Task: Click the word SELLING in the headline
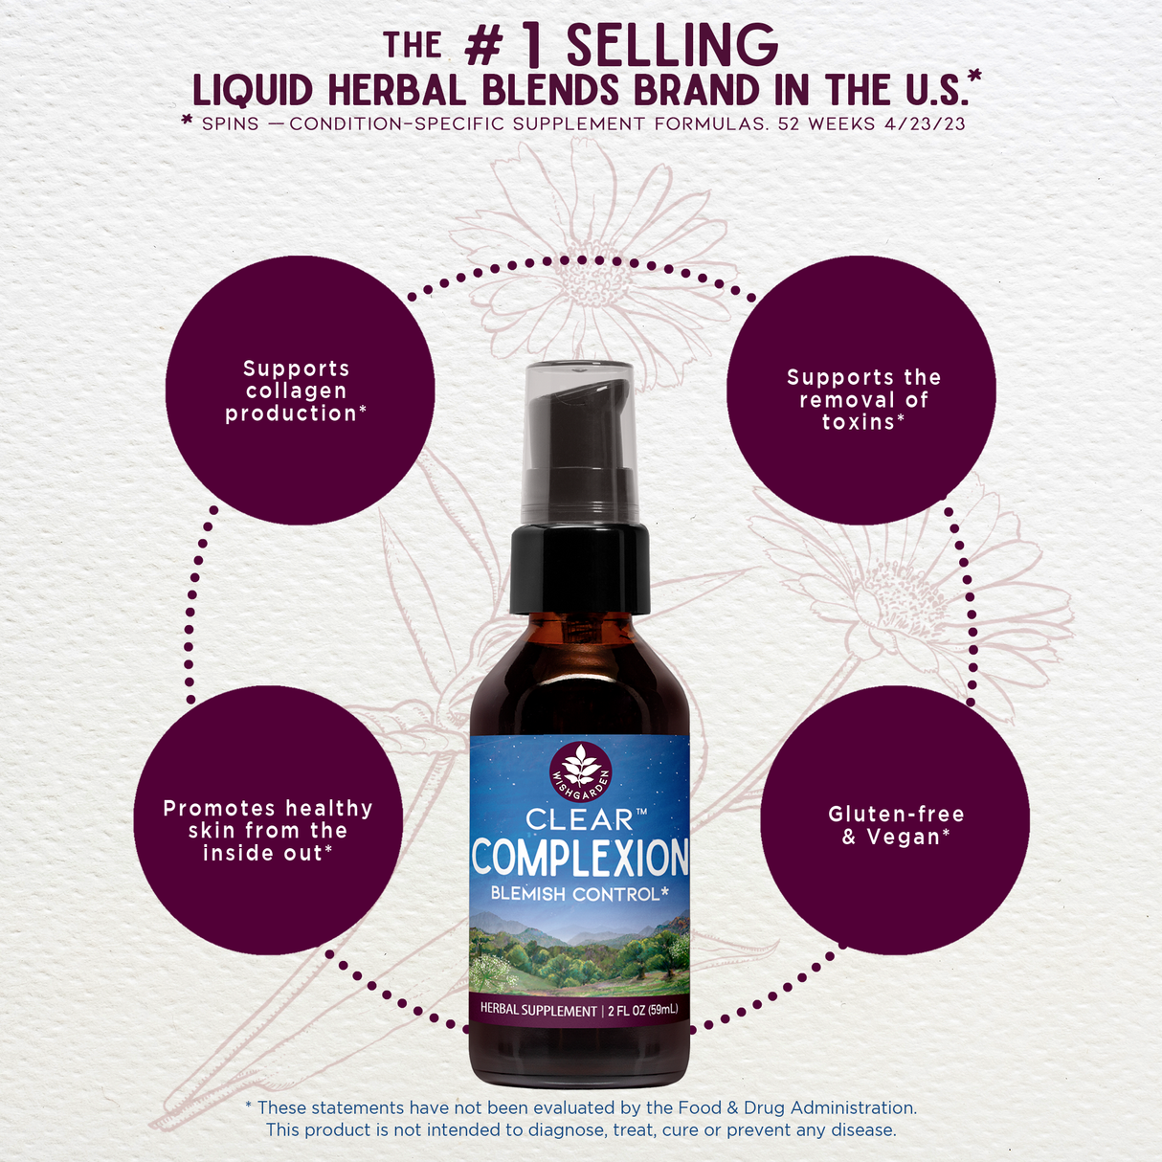[672, 45]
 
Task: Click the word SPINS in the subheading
[230, 123]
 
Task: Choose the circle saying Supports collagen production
[300, 390]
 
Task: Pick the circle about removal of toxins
[860, 390]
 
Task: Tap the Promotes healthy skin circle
[268, 820]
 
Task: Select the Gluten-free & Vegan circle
[895, 820]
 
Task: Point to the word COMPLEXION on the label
[580, 858]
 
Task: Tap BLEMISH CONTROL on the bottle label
[579, 894]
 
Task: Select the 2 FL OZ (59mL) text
[642, 1010]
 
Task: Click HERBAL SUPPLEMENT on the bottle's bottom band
[538, 1010]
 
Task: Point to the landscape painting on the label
[580, 952]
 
